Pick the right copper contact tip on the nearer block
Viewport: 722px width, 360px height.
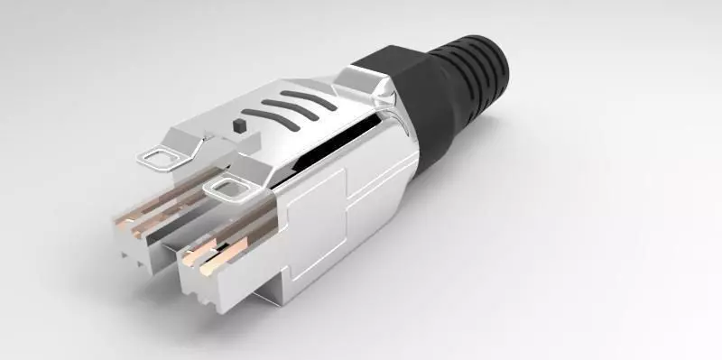pos(213,265)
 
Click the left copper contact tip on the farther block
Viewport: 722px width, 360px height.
pos(122,220)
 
